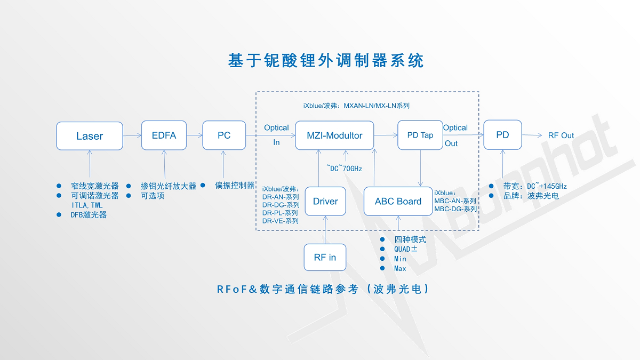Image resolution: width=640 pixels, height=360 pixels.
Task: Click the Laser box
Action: [90, 136]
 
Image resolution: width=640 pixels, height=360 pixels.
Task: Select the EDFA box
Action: [164, 135]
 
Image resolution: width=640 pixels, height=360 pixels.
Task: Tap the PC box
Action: [224, 135]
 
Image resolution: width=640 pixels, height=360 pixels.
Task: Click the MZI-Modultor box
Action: [334, 135]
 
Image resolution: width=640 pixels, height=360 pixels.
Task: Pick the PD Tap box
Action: [420, 135]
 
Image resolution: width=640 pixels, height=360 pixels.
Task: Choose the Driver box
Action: [325, 201]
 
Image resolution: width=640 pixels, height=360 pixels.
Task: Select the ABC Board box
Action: [398, 201]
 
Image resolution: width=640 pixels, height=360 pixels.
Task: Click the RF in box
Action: [325, 257]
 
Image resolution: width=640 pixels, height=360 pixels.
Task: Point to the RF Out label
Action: [561, 135]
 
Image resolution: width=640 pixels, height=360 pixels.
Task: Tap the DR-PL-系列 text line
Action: [280, 213]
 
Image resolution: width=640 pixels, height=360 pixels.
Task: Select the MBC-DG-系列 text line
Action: [455, 209]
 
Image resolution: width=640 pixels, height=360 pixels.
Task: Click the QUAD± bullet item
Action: [406, 249]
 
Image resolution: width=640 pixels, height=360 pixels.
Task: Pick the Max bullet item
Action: [400, 268]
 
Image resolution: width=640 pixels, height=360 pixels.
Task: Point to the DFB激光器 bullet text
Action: [89, 215]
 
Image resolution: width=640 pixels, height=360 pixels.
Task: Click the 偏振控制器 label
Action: [235, 186]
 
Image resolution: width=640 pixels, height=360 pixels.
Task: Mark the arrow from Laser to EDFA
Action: [132, 135]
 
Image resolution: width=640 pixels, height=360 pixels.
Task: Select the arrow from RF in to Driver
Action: [325, 229]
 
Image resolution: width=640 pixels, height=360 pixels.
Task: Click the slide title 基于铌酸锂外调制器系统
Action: [326, 61]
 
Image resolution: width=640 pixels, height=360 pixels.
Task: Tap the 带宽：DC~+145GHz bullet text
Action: [535, 186]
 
